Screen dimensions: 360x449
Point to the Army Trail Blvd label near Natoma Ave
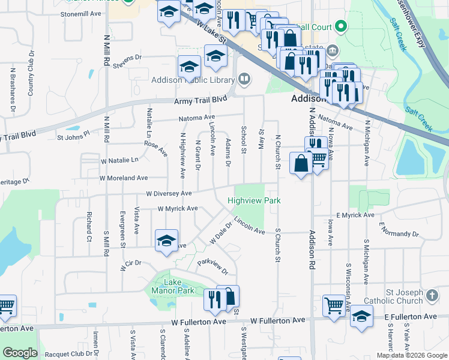(x=200, y=100)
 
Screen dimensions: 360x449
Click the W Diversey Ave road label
(x=168, y=193)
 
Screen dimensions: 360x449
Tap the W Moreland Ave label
(x=124, y=178)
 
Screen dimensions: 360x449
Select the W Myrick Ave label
(x=177, y=209)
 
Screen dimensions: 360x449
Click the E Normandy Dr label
(x=398, y=230)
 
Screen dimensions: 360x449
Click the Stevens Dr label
(x=130, y=58)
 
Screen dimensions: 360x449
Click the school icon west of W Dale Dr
(x=166, y=241)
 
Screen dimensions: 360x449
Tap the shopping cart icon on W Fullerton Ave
(x=334, y=304)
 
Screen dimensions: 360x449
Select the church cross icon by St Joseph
(x=432, y=295)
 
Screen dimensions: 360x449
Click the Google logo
(x=20, y=353)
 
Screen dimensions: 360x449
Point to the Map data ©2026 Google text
(x=411, y=355)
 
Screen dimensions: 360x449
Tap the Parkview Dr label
(x=214, y=266)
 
